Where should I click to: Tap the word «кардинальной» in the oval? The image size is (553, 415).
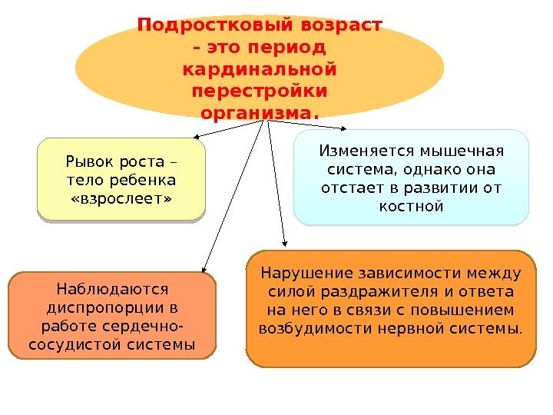(x=260, y=70)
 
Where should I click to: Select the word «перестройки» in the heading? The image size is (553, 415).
(x=260, y=91)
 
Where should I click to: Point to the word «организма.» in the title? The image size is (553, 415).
(x=260, y=114)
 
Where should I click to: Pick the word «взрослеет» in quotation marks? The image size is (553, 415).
(x=121, y=199)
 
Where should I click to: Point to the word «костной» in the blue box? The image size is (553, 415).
(x=412, y=206)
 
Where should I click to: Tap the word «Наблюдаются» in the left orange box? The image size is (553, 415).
(x=112, y=290)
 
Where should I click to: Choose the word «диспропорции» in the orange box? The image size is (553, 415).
(x=101, y=308)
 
